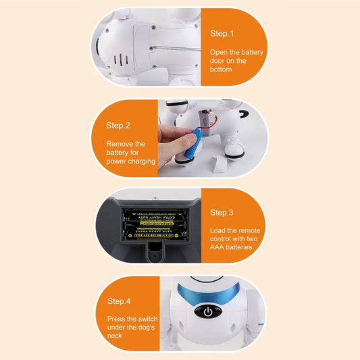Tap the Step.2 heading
[x=118, y=125]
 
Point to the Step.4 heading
[x=118, y=301]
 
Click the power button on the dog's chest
[x=208, y=313]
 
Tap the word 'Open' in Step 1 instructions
[x=221, y=52]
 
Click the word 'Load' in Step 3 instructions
[x=220, y=230]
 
